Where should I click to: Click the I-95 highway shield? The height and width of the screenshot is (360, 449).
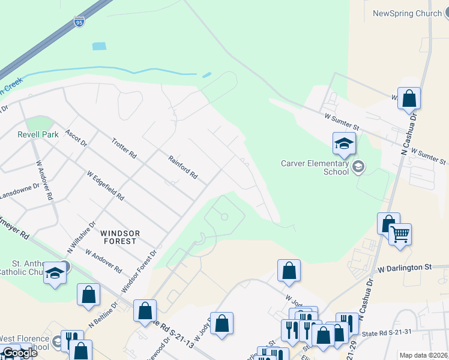pyautogui.click(x=79, y=22)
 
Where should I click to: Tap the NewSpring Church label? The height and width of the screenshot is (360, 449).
pyautogui.click(x=407, y=13)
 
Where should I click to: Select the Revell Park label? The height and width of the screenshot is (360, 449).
pyautogui.click(x=38, y=134)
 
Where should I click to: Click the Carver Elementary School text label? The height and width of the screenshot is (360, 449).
pyautogui.click(x=315, y=167)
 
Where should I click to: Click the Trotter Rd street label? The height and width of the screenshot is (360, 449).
pyautogui.click(x=124, y=148)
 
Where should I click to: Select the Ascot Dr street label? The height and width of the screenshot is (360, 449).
pyautogui.click(x=76, y=139)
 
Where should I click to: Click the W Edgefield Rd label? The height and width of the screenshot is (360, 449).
pyautogui.click(x=106, y=186)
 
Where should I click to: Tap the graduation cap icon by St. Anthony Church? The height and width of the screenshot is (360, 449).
pyautogui.click(x=55, y=274)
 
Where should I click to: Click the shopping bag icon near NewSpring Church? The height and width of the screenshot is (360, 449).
pyautogui.click(x=409, y=98)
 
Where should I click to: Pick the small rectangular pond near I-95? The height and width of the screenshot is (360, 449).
pyautogui.click(x=99, y=46)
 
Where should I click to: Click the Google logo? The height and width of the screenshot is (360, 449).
pyautogui.click(x=19, y=353)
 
